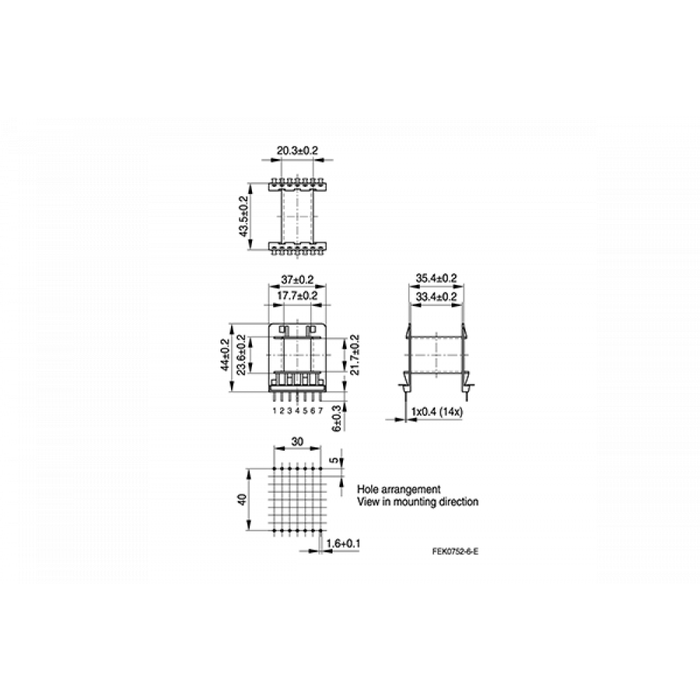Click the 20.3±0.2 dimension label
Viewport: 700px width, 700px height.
[x=297, y=150]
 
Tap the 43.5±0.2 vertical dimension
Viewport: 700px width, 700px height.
[x=244, y=216]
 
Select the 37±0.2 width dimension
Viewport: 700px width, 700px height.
[x=297, y=280]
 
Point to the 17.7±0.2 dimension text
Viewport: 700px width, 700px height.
[x=297, y=295]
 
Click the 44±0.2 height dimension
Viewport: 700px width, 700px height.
[x=225, y=355]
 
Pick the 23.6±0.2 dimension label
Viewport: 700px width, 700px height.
[x=241, y=355]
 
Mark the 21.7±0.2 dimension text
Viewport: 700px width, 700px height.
[x=355, y=355]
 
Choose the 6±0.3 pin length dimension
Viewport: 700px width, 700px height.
[x=337, y=419]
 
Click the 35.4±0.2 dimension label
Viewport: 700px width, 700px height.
[x=436, y=278]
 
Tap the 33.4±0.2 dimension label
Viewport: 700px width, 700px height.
[x=436, y=297]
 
